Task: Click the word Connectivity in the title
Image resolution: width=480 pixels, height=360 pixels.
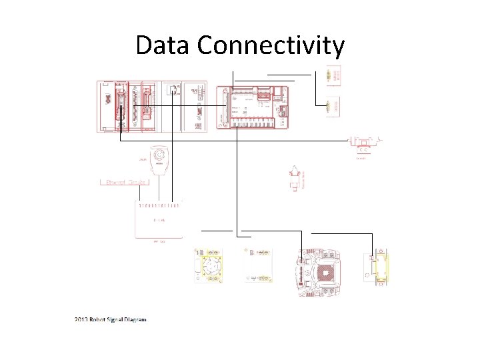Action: (271, 45)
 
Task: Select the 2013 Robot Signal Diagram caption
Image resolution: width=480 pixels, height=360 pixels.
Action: (110, 319)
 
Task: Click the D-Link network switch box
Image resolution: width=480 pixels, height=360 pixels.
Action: (158, 219)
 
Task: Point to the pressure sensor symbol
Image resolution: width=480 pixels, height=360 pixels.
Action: (293, 179)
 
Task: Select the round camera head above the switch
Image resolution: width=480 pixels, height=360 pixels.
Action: (159, 157)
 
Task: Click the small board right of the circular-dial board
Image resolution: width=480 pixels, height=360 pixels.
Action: (258, 265)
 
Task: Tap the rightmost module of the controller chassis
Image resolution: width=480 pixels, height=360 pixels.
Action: (195, 107)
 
